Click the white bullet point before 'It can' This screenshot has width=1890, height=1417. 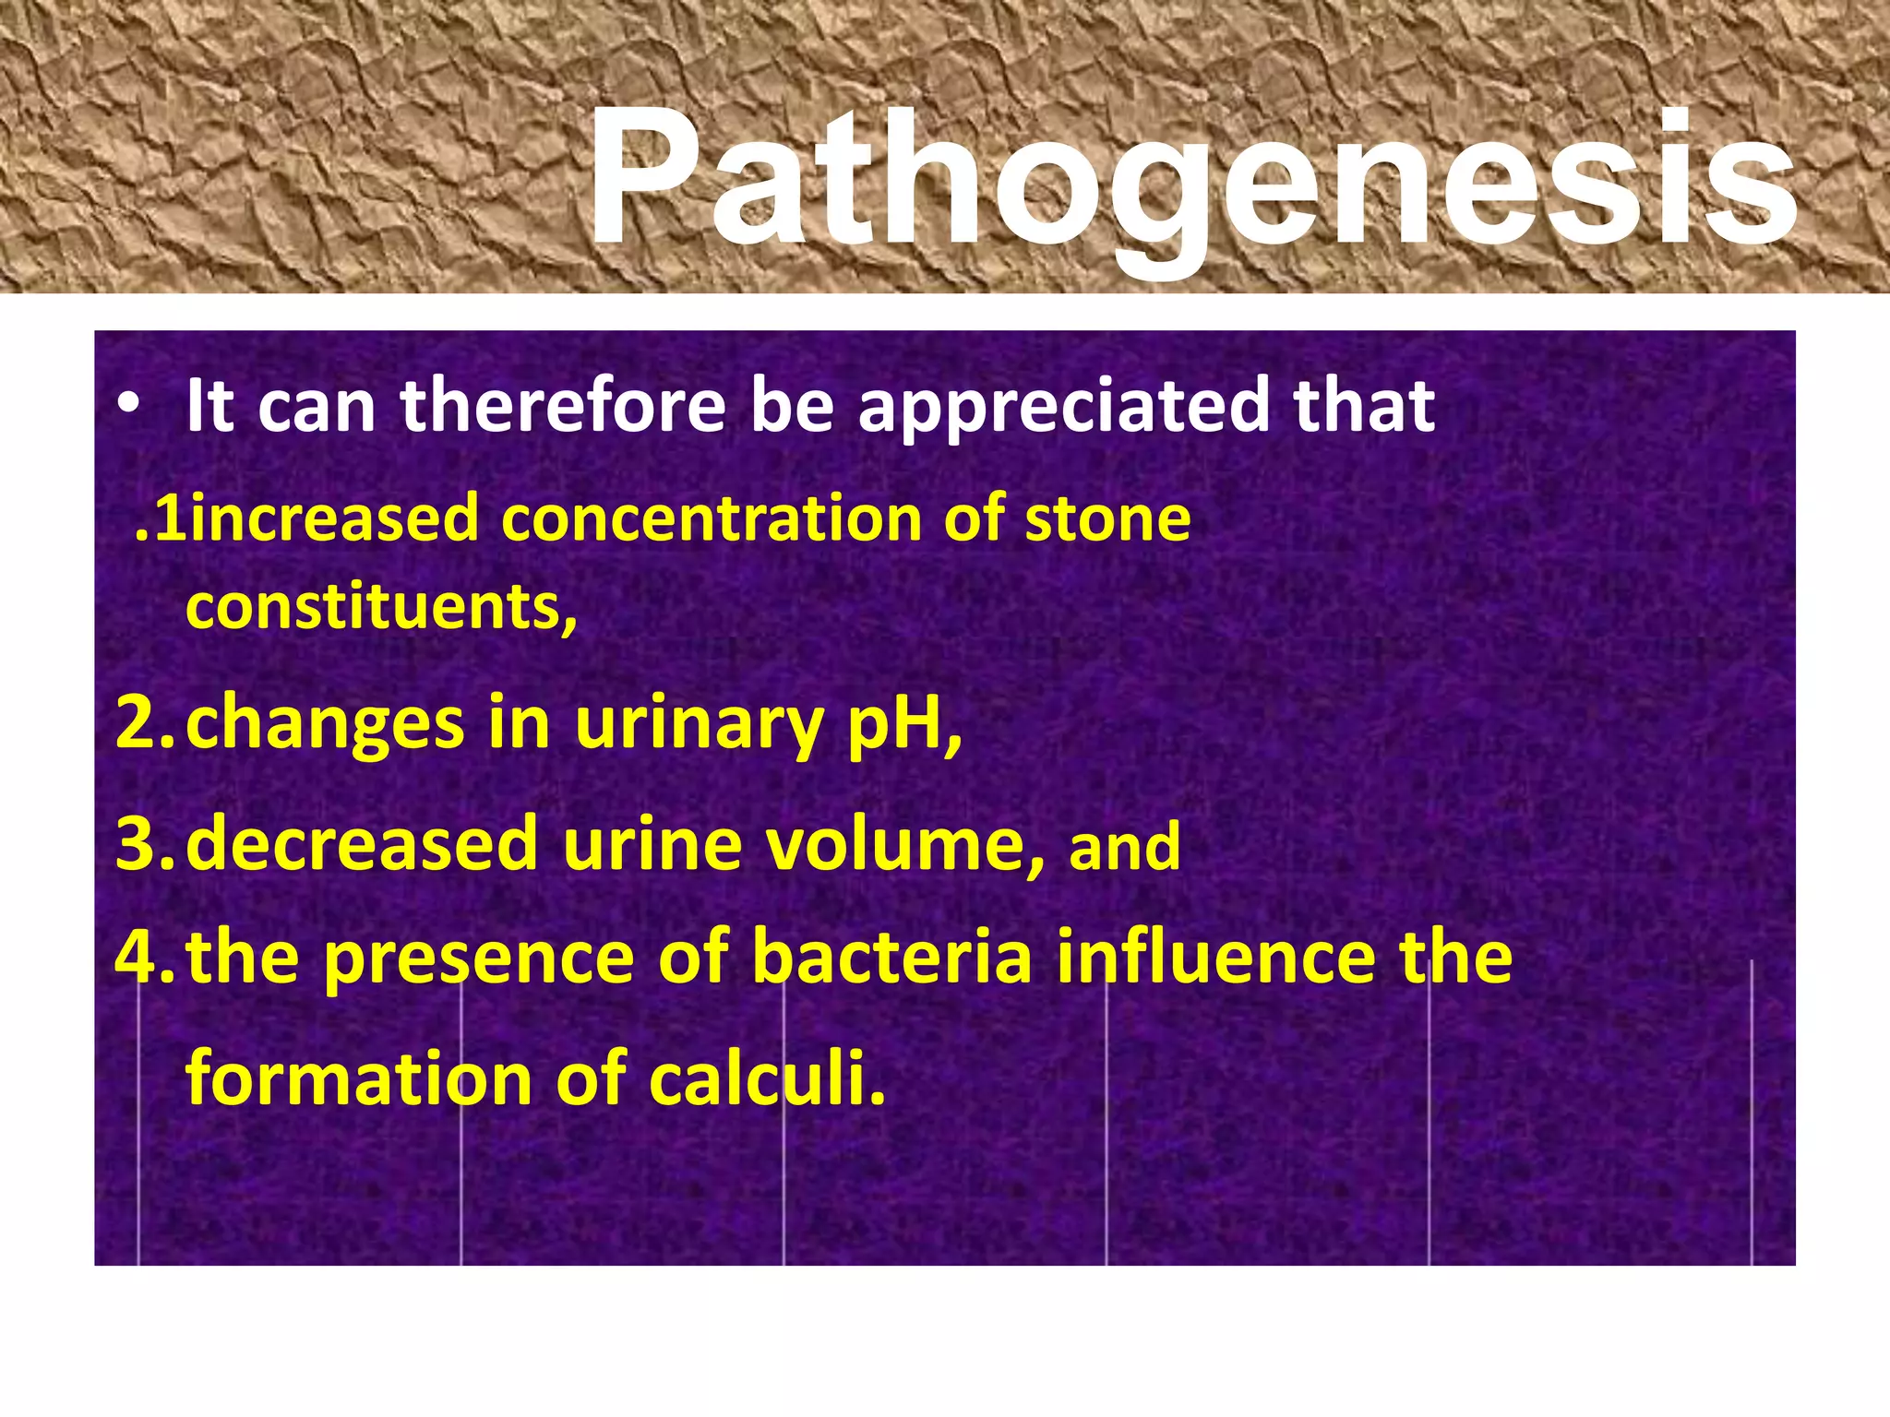pyautogui.click(x=128, y=406)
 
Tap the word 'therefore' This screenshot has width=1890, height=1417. pyautogui.click(x=563, y=406)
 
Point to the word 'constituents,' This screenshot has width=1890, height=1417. pyautogui.click(x=381, y=609)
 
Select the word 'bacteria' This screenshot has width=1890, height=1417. pyautogui.click(x=891, y=958)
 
